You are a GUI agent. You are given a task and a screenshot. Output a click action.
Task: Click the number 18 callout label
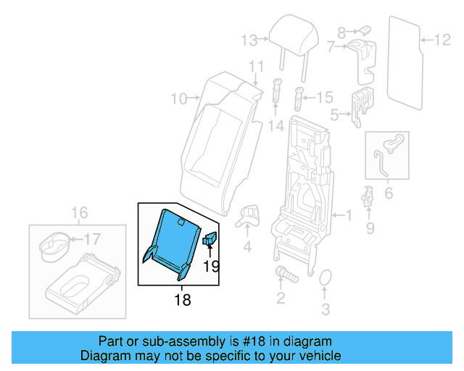tap(183, 299)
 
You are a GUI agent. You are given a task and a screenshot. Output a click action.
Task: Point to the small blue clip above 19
tap(211, 240)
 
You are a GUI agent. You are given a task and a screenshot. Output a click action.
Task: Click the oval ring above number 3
tap(326, 280)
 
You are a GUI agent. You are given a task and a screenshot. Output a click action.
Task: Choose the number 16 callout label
tap(79, 212)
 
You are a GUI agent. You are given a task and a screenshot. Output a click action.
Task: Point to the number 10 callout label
tap(178, 97)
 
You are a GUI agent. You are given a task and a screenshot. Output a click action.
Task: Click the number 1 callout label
tap(348, 215)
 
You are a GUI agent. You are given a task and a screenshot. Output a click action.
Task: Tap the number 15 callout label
tap(324, 96)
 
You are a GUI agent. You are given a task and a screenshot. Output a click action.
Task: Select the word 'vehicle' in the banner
tap(318, 356)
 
